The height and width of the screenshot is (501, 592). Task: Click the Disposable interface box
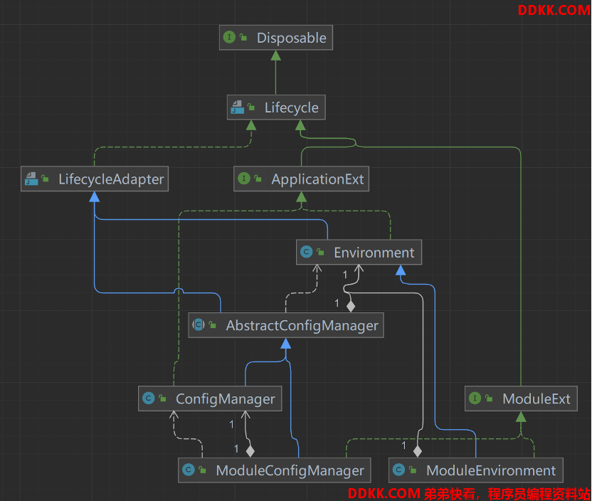click(276, 38)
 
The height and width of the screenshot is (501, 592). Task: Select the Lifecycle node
click(276, 107)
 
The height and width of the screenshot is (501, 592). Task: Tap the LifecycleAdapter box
click(95, 179)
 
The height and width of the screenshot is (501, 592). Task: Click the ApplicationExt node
click(301, 179)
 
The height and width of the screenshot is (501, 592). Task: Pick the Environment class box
click(359, 252)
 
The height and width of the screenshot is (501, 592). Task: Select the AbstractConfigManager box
click(286, 325)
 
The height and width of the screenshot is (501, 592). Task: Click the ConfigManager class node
click(210, 399)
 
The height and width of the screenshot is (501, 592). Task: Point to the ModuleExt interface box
click(521, 399)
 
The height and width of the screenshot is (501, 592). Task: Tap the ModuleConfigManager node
click(275, 470)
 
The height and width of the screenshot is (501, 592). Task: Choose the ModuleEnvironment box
click(476, 470)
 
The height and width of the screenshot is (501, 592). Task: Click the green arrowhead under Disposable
click(276, 56)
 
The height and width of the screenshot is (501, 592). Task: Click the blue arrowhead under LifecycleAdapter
click(95, 196)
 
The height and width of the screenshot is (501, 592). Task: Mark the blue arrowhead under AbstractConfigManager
click(286, 343)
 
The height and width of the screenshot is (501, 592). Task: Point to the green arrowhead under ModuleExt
click(521, 417)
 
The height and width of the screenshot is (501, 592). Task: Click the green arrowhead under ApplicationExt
click(301, 196)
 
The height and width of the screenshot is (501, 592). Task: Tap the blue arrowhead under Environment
click(401, 270)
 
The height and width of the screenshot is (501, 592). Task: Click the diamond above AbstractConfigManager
click(351, 307)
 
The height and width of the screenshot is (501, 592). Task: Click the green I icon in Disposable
click(229, 38)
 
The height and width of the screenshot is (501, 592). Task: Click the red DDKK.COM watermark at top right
click(554, 10)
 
